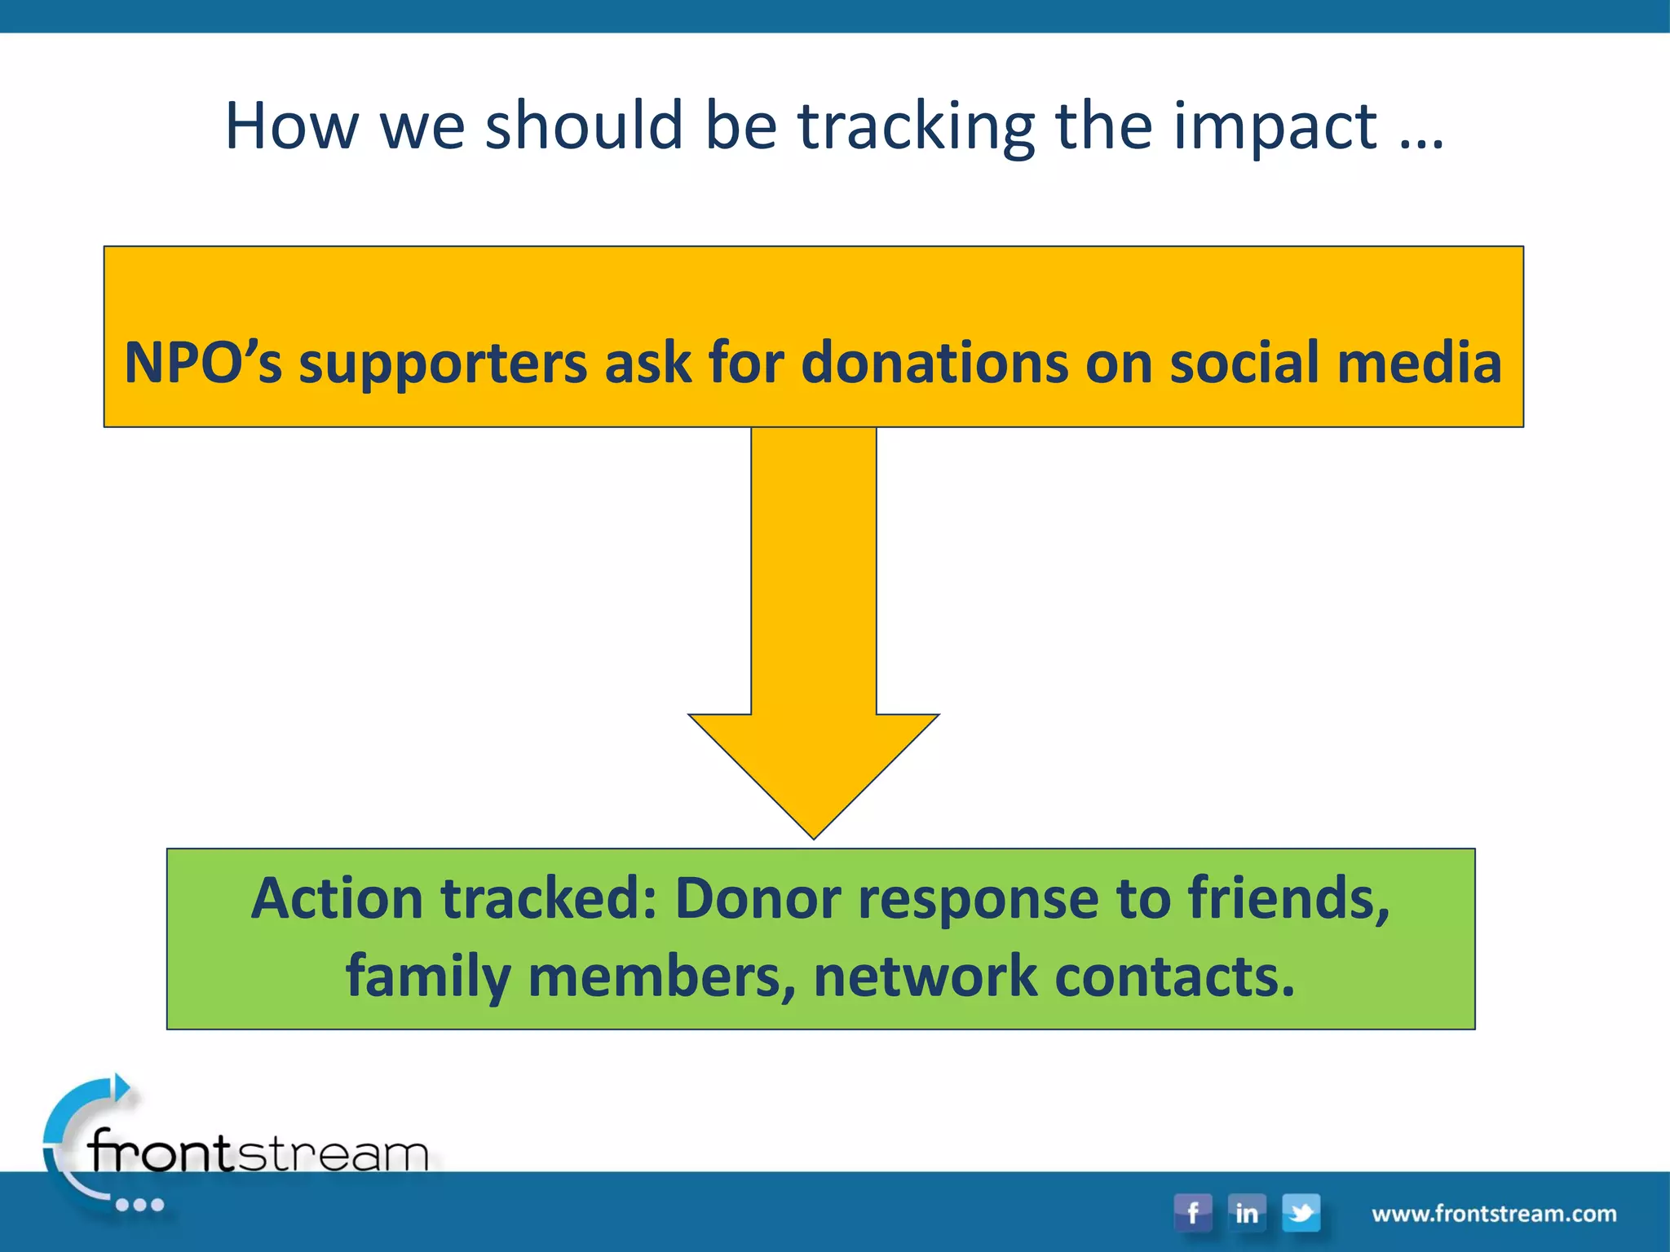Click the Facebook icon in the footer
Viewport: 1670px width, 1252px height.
click(x=1192, y=1213)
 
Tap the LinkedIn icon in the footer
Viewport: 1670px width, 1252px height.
click(x=1246, y=1213)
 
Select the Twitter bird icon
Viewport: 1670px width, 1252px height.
click(x=1301, y=1213)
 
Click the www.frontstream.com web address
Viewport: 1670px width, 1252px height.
click(x=1494, y=1214)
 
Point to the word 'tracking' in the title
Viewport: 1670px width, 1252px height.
click(x=916, y=127)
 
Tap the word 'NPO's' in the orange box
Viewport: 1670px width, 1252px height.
click(x=202, y=363)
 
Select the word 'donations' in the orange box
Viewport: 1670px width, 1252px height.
click(x=934, y=363)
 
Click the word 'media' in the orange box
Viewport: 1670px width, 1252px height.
click(x=1419, y=363)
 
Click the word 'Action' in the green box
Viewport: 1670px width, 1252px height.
click(x=337, y=898)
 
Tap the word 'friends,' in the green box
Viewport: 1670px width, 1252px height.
click(x=1288, y=898)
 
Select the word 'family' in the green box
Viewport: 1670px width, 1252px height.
click(x=428, y=977)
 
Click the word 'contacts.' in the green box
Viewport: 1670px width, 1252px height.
click(x=1174, y=977)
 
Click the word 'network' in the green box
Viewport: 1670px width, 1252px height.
click(x=925, y=977)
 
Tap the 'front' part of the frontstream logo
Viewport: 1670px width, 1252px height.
click(x=161, y=1152)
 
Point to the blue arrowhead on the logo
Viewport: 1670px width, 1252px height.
click(x=121, y=1088)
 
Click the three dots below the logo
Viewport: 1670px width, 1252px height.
click(x=139, y=1205)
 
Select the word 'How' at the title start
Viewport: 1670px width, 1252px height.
click(x=291, y=127)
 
